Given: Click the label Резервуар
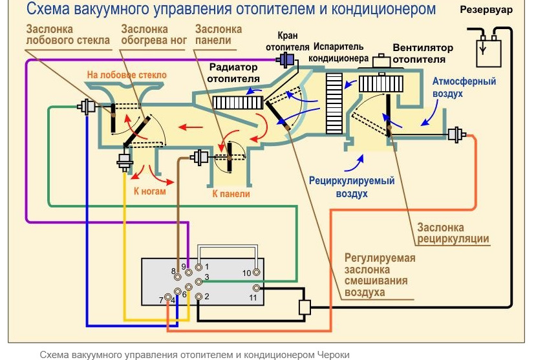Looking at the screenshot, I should tap(487, 11).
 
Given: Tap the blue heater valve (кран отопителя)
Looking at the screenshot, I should tap(286, 60).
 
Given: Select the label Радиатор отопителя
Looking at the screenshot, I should tap(233, 72).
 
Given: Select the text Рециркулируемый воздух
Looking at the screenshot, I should tap(352, 187).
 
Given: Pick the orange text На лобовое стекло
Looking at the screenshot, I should tap(127, 76).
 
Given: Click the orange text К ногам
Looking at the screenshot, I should tap(150, 191).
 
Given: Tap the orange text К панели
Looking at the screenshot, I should tap(231, 193).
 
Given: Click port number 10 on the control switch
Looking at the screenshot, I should tap(257, 273).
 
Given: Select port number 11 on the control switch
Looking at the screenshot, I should tap(257, 288).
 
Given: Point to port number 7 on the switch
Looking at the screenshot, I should tap(169, 297).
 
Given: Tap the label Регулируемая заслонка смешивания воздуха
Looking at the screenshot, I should tap(380, 275).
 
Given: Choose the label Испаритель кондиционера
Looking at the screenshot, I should tap(339, 52).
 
